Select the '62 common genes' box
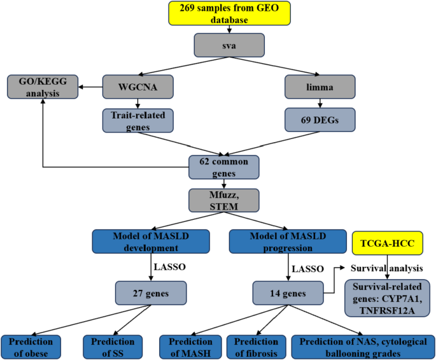(x=223, y=166)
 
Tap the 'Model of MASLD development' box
(x=151, y=241)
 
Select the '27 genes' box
(x=151, y=294)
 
